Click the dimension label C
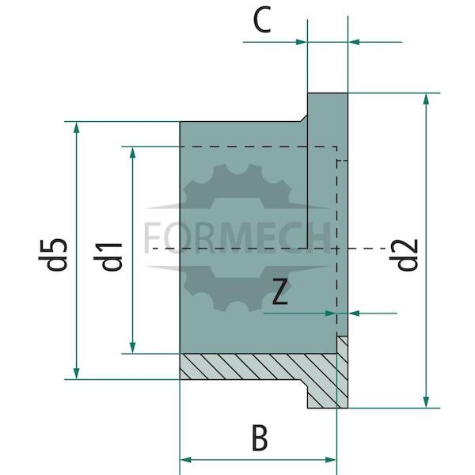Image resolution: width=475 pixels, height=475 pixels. point(262,21)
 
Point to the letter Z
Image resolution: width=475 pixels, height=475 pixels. point(280,291)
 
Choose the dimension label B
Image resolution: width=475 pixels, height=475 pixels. point(260,438)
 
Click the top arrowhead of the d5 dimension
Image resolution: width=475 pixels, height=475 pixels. point(76,127)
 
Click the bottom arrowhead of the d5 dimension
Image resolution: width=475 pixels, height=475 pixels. point(76,374)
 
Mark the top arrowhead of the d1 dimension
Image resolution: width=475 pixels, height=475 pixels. point(132,153)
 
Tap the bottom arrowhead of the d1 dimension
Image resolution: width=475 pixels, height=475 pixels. point(132,348)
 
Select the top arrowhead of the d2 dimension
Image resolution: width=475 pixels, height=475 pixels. point(426,99)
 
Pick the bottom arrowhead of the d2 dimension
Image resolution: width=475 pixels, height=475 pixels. point(426,402)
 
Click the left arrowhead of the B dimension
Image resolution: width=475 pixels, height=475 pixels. point(186,460)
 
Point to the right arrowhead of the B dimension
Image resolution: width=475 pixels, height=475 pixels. point(331,460)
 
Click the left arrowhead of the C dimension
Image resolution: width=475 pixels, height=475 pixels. point(302,42)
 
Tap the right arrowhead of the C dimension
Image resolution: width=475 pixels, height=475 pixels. point(354,42)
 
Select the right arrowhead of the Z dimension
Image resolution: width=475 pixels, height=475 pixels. point(354,313)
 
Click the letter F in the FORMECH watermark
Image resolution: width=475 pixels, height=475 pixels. point(151,237)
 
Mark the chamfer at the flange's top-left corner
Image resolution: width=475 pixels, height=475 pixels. point(304,118)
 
